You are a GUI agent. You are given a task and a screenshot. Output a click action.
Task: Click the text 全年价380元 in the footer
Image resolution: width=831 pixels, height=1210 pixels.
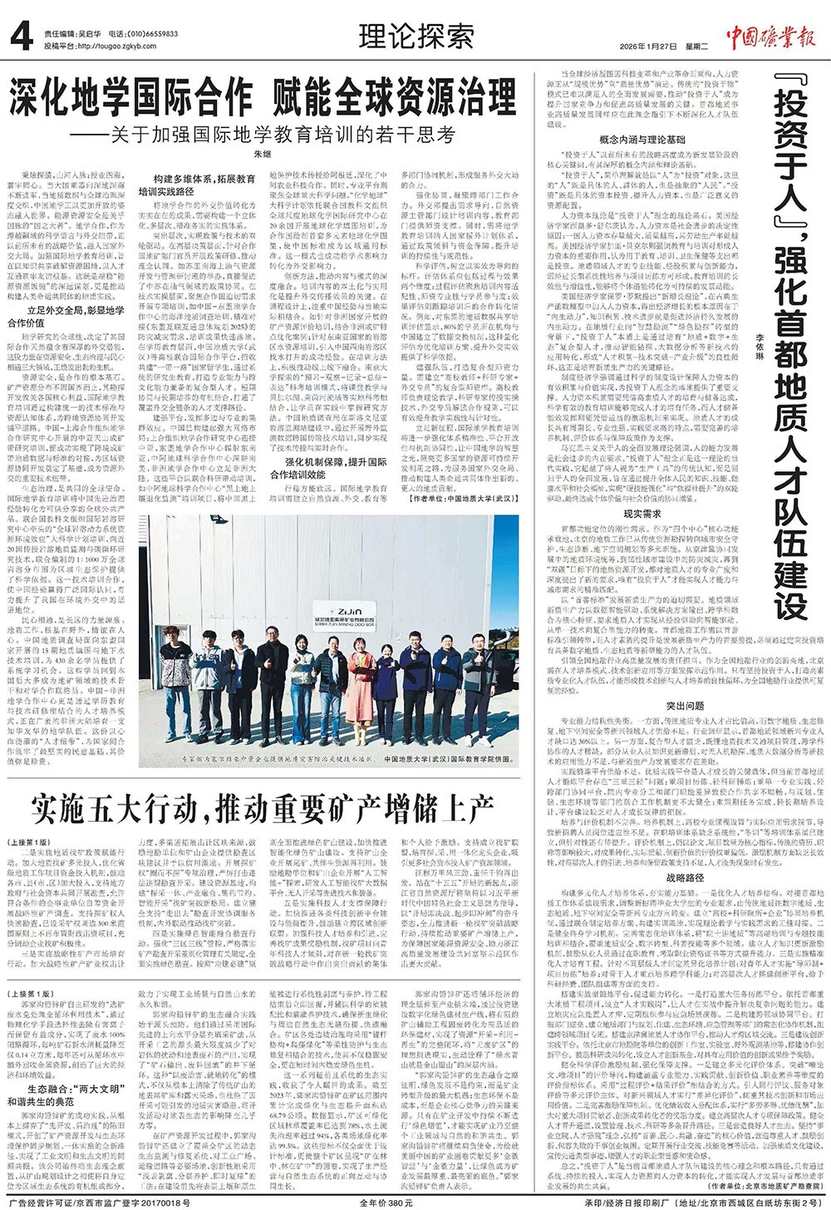click(x=386, y=1202)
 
